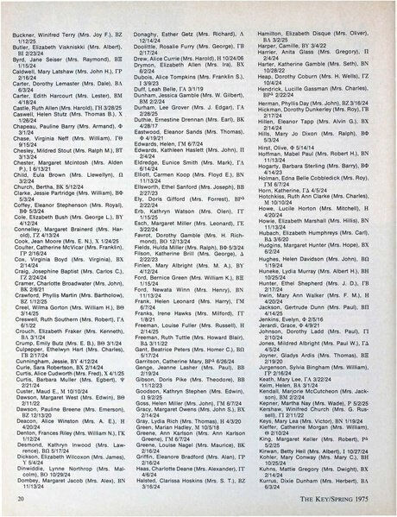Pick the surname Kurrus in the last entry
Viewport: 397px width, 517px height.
pos(282,476)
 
